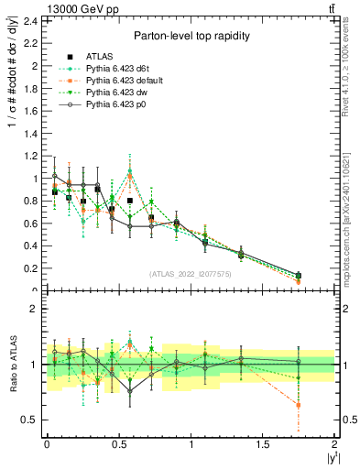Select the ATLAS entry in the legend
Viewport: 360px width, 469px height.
pos(100,56)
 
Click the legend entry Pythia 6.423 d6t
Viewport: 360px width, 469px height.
pos(115,68)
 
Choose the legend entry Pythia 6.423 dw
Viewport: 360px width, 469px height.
pos(115,92)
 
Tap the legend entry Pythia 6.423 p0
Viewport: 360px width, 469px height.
pos(115,104)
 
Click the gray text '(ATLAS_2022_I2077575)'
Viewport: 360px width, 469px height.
pos(190,273)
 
